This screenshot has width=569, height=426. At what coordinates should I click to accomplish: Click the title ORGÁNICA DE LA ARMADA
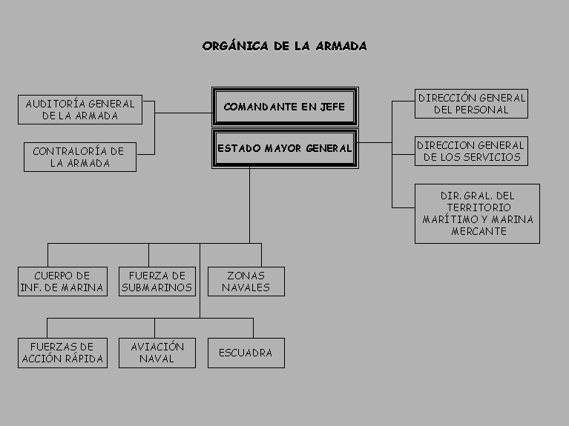click(285, 46)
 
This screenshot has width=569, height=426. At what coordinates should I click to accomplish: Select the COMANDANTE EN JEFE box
click(285, 107)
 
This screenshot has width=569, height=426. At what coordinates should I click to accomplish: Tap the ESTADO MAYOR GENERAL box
click(285, 148)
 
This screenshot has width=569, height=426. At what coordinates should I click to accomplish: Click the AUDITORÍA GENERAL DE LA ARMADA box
click(80, 110)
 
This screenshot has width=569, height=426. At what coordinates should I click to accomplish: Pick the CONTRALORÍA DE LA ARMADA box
click(80, 157)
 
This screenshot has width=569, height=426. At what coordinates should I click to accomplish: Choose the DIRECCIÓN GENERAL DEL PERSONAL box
click(471, 104)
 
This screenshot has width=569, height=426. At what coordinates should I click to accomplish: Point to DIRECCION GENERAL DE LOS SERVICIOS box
click(471, 151)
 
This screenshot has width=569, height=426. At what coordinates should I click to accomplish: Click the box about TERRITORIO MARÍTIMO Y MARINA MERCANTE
click(477, 213)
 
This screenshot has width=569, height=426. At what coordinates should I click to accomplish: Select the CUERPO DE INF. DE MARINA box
click(62, 282)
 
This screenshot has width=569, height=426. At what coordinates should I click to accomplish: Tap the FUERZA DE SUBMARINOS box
click(157, 282)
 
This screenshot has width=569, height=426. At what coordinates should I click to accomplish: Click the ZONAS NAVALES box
click(246, 282)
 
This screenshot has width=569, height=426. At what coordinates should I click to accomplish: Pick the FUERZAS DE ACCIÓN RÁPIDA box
click(62, 353)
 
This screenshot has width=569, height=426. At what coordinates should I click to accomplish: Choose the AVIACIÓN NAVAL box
click(157, 353)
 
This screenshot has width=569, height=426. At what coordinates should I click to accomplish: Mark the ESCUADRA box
click(246, 353)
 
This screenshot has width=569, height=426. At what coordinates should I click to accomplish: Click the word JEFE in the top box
click(332, 107)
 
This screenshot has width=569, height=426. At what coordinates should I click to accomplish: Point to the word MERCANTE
click(478, 231)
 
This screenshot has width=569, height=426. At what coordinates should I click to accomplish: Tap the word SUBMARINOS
click(157, 287)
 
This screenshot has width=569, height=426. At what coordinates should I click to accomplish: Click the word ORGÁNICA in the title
click(235, 46)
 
